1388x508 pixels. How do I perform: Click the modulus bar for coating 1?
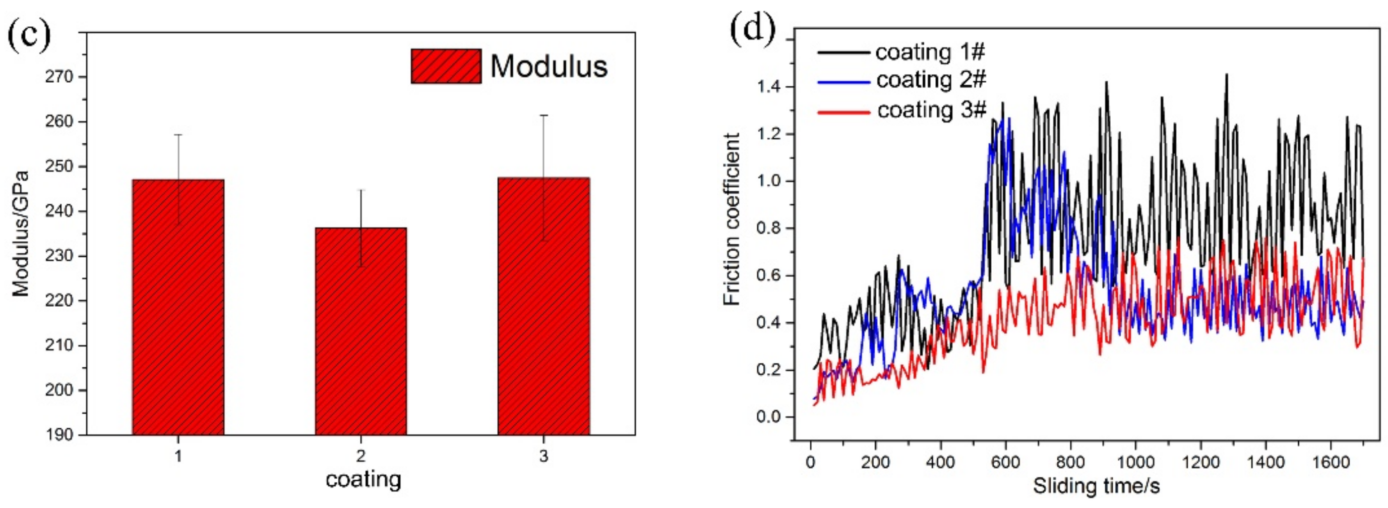point(178,307)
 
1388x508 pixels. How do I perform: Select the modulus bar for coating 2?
point(360,331)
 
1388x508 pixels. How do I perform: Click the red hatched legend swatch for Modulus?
point(446,66)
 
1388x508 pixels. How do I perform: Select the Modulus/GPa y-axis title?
point(21,234)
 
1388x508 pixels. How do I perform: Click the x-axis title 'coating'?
point(363,479)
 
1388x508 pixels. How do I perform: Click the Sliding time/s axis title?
point(1096,486)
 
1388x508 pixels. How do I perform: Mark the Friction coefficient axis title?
point(732,219)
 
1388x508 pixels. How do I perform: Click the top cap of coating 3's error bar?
point(543,116)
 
